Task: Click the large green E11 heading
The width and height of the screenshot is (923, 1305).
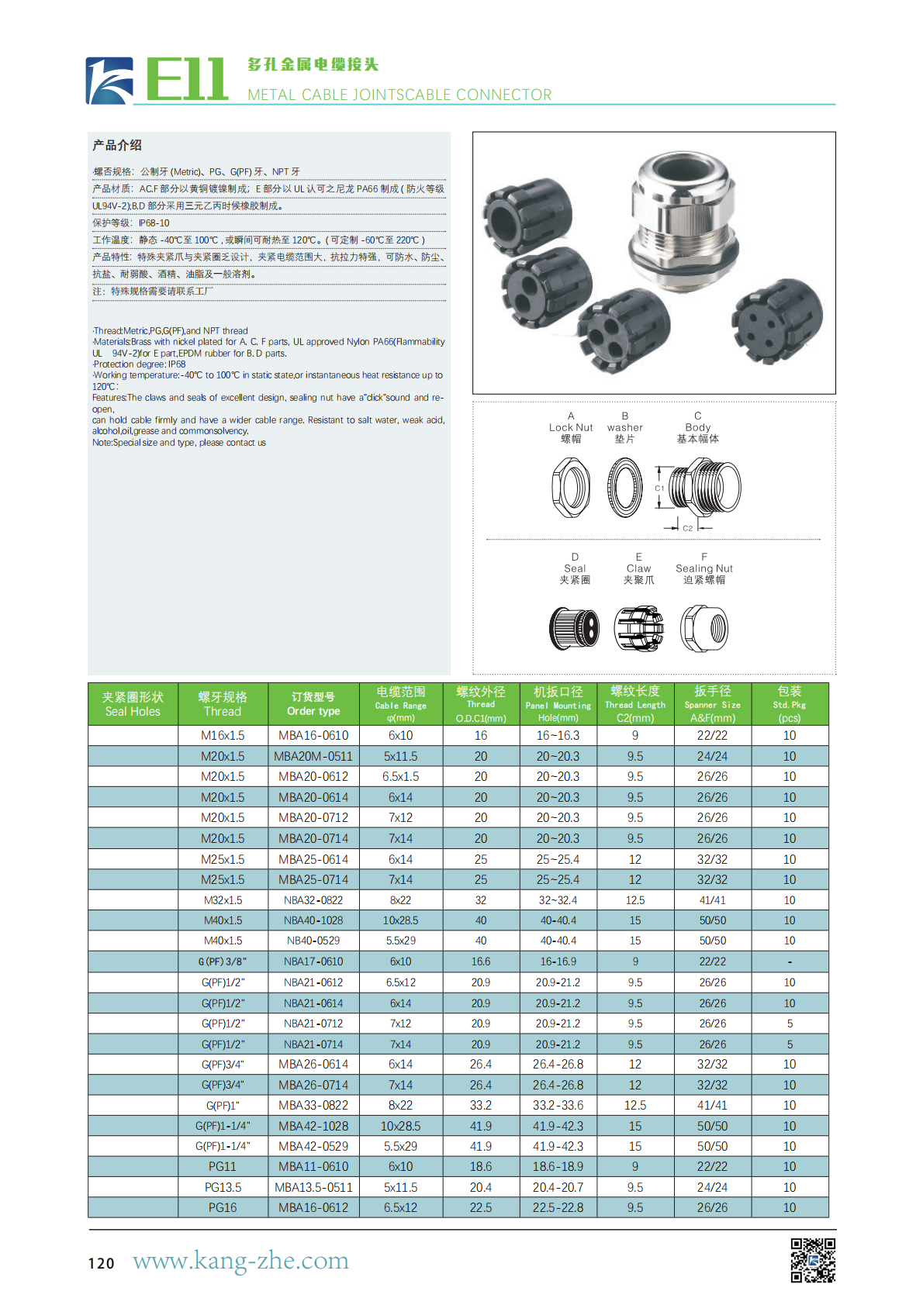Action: click(186, 80)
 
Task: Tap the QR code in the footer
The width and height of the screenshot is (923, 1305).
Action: click(813, 1260)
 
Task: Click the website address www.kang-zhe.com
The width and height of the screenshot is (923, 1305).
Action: click(240, 1261)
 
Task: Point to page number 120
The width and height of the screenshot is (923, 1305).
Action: click(101, 1263)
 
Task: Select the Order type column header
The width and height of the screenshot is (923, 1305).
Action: click(313, 704)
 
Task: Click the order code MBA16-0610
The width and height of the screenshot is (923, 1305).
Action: click(313, 735)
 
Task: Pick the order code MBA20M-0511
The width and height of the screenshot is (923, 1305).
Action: click(313, 756)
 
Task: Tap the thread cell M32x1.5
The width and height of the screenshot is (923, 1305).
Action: click(223, 900)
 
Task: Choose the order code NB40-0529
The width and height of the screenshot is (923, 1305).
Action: click(313, 941)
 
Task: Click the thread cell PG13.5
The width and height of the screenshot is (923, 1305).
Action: click(223, 1187)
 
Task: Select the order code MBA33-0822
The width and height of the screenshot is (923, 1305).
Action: click(313, 1105)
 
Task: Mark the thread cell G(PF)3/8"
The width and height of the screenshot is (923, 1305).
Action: click(223, 961)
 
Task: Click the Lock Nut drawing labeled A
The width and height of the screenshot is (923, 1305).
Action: click(571, 487)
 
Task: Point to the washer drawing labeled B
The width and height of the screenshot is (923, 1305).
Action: click(625, 487)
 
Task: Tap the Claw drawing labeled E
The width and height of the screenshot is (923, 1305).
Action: click(638, 627)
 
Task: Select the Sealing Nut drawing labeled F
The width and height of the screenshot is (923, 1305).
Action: click(704, 627)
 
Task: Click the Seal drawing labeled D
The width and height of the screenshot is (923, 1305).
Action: click(574, 627)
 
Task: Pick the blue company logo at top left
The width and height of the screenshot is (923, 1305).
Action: click(109, 81)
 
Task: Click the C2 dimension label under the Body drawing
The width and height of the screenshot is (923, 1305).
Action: click(688, 528)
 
